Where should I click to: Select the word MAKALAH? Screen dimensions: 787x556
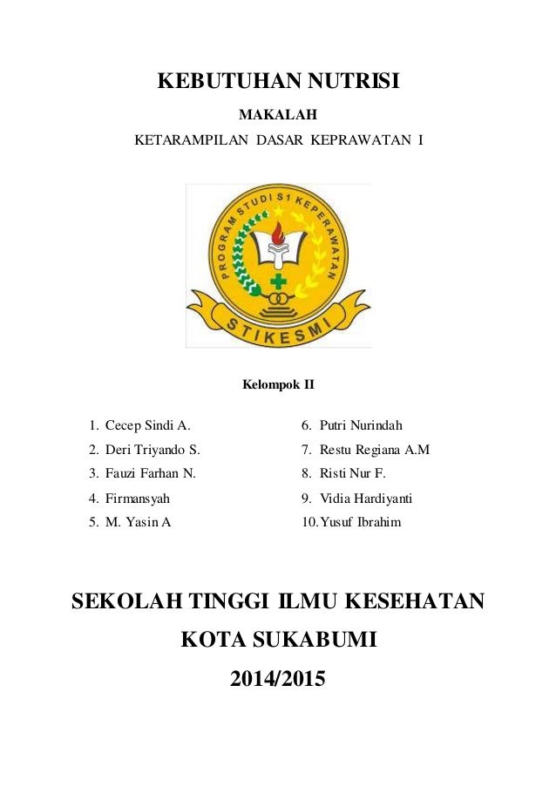[278, 114]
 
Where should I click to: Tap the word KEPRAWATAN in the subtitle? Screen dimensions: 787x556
[366, 139]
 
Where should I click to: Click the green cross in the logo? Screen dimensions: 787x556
[278, 282]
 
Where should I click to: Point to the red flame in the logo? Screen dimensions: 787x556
[278, 233]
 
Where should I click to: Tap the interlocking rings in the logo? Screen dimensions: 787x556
[278, 301]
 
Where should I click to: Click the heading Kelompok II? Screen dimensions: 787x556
[278, 384]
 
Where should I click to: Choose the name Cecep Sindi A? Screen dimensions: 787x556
[147, 426]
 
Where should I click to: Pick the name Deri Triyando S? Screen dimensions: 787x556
[153, 451]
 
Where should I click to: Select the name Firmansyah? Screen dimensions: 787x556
[138, 499]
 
